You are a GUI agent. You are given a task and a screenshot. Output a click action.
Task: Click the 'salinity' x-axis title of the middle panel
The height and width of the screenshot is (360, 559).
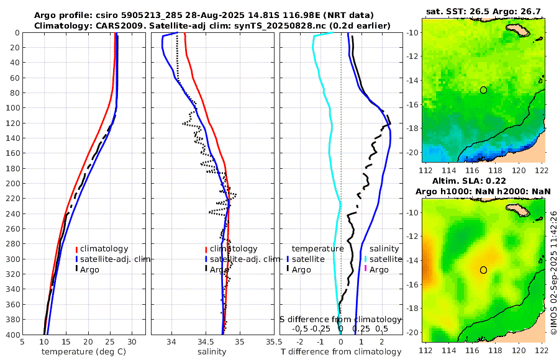212,352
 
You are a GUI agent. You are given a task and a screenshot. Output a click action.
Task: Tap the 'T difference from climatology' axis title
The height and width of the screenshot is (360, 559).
341,352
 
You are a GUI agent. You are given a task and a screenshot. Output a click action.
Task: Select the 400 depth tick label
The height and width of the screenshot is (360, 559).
12,335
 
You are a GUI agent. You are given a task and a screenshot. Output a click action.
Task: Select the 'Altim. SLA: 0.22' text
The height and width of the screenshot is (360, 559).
483,180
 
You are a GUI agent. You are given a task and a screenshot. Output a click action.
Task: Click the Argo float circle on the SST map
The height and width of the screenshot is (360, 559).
483,90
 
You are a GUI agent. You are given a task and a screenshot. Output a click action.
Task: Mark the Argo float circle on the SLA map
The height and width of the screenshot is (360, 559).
483,270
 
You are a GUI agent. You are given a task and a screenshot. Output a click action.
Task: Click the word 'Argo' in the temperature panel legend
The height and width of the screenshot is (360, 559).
89,269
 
